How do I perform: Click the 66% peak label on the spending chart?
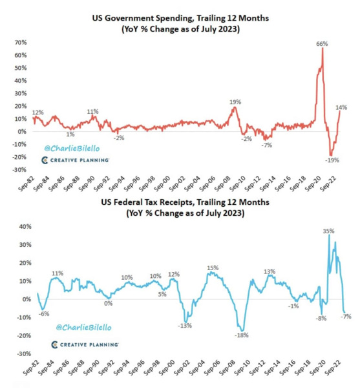coord(321,43)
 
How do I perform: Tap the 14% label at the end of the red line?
coord(342,107)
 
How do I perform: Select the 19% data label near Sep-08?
coord(235,101)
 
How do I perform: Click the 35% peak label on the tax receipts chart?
coord(328,230)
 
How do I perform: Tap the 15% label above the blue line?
coord(213,268)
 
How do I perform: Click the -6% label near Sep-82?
coord(45,313)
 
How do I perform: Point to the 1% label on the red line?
coord(70,134)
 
